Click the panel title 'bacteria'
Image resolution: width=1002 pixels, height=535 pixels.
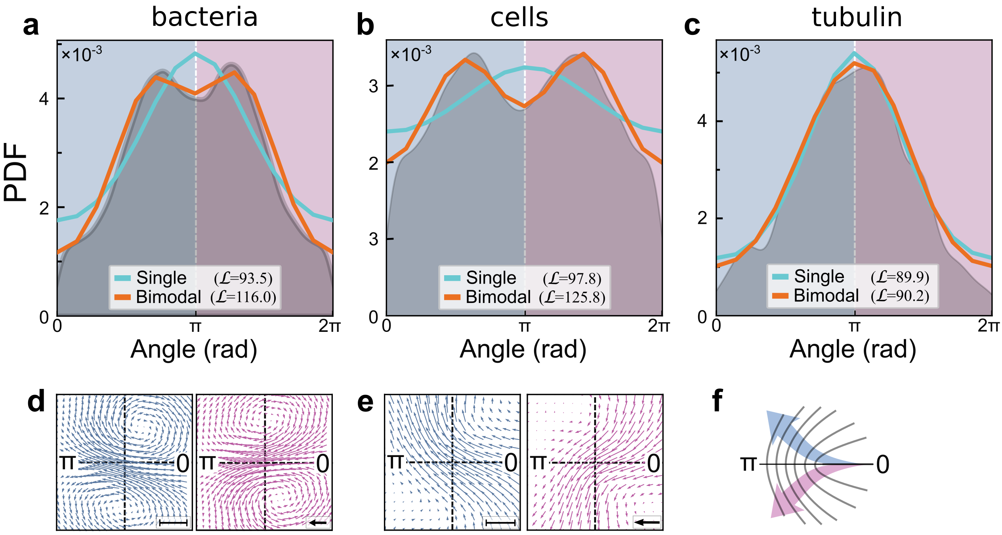(204, 17)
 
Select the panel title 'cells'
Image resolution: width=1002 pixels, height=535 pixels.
(519, 18)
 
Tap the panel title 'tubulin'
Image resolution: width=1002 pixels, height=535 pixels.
(857, 17)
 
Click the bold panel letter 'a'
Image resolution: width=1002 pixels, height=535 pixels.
(31, 26)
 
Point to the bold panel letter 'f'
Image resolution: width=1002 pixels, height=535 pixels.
(718, 401)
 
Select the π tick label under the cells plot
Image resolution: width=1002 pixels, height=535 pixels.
(525, 326)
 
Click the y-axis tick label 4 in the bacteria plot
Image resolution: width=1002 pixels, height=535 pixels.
(44, 99)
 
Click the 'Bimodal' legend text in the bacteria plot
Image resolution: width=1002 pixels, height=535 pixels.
(168, 297)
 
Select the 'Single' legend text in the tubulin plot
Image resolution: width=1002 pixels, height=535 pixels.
(819, 276)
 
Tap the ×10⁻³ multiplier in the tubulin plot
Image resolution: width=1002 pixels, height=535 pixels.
(739, 54)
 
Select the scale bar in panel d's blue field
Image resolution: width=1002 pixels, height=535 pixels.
(173, 523)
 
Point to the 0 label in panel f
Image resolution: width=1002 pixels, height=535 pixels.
(883, 465)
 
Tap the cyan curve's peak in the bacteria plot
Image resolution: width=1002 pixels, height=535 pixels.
(195, 53)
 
